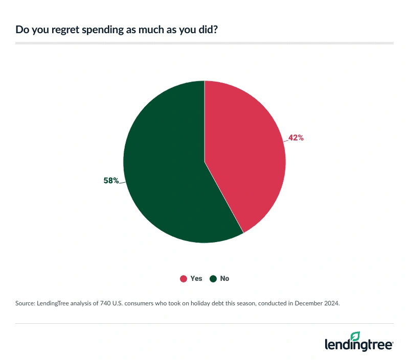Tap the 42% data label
pos(296,137)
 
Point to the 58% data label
pos(111,181)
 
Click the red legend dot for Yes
pos(183,279)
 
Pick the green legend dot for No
pos(213,279)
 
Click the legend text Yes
pos(196,279)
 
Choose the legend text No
pos(225,279)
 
